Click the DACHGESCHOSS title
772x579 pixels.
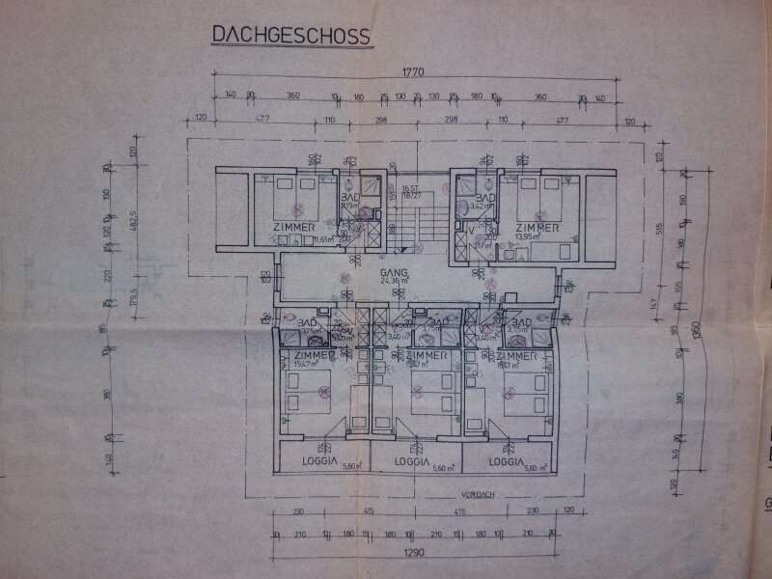tap(290, 37)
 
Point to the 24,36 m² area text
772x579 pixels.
tap(397, 283)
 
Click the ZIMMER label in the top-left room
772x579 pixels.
tap(294, 227)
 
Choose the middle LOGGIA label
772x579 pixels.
tap(414, 462)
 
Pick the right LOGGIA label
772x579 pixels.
tap(507, 462)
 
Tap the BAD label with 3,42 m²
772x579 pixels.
tap(485, 198)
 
